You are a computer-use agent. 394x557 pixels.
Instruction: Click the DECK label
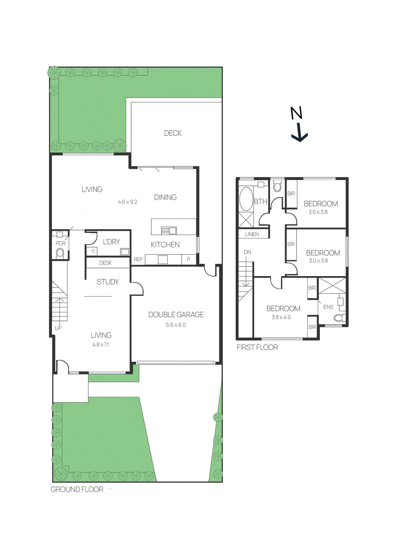[173, 133]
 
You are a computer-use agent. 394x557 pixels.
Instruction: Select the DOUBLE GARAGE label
[176, 315]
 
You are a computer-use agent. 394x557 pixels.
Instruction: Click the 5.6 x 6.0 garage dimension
[176, 325]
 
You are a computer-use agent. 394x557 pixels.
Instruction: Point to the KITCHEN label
[165, 245]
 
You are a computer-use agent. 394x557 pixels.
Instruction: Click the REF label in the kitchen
[138, 259]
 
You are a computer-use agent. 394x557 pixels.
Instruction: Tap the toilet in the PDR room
[60, 253]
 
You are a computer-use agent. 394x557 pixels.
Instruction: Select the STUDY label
[108, 282]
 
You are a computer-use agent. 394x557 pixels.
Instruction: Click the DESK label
[105, 263]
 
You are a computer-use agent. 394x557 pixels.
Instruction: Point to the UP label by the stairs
[58, 328]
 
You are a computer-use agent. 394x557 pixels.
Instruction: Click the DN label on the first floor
[247, 252]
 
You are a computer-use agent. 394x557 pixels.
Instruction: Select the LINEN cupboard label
[252, 234]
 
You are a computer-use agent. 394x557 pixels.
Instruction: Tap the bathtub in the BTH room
[246, 199]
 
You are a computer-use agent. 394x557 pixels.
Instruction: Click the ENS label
[328, 307]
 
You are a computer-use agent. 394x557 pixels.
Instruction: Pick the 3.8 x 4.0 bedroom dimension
[281, 317]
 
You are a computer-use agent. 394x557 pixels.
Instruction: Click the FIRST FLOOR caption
[257, 347]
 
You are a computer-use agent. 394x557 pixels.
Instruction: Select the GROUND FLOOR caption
[77, 489]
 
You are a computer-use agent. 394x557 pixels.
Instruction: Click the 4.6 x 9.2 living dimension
[127, 202]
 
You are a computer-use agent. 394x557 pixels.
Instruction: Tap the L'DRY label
[111, 242]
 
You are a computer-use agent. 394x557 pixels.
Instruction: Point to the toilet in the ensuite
[339, 317]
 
